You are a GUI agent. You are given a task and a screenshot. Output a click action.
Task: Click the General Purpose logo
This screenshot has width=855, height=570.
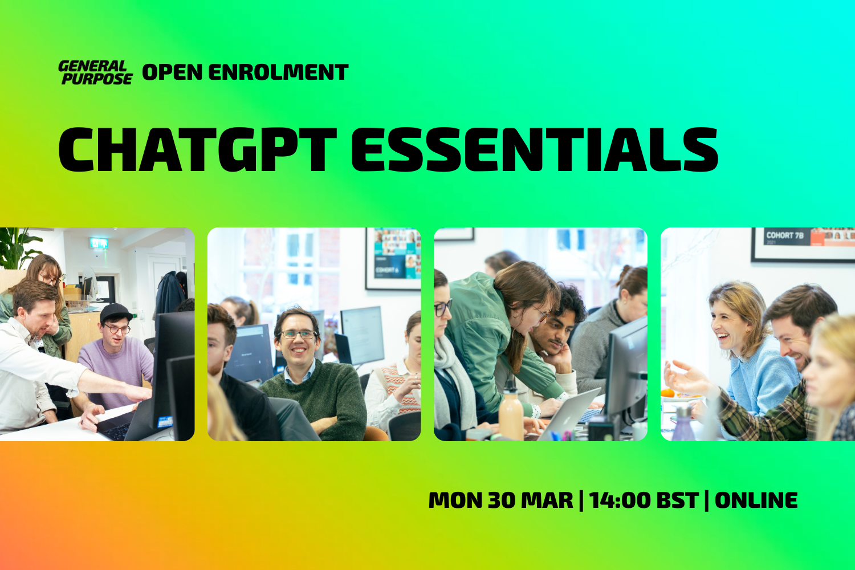pyautogui.click(x=95, y=73)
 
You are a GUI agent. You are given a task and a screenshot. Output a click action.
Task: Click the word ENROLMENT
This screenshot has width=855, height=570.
pyautogui.click(x=278, y=72)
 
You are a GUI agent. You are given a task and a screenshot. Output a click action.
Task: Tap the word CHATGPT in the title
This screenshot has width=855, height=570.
pyautogui.click(x=197, y=149)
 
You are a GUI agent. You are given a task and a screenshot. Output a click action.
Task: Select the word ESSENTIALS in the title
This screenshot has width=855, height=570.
pyautogui.click(x=534, y=149)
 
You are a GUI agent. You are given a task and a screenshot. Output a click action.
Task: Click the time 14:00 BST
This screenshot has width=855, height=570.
pyautogui.click(x=644, y=500)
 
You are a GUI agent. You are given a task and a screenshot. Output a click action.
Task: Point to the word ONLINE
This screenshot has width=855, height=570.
pyautogui.click(x=756, y=500)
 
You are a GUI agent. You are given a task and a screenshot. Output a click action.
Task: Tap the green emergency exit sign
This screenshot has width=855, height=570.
pyautogui.click(x=99, y=243)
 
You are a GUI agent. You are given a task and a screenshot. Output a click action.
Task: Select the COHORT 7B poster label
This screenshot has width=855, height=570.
pyautogui.click(x=784, y=235)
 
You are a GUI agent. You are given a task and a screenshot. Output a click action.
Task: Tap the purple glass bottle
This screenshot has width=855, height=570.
pyautogui.click(x=682, y=425)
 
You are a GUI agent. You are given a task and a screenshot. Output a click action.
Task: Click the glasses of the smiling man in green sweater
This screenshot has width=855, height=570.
pyautogui.click(x=298, y=335)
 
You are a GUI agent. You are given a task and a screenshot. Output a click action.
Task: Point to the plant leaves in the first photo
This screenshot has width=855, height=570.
pyautogui.click(x=17, y=245)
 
